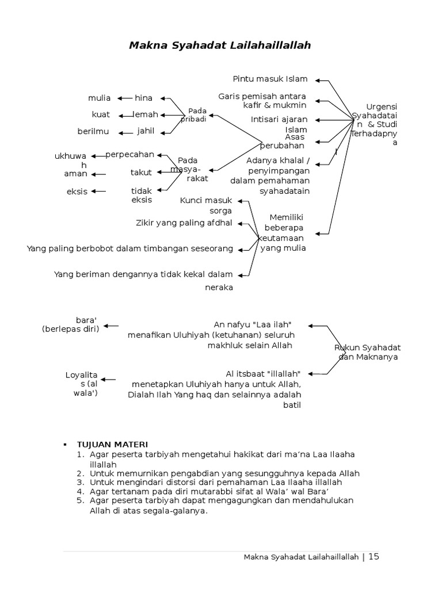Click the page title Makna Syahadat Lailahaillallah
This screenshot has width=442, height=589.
pyautogui.click(x=220, y=45)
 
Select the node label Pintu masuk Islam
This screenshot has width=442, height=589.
pyautogui.click(x=270, y=79)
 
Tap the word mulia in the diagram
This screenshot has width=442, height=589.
pyautogui.click(x=100, y=98)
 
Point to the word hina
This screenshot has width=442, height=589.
pyautogui.click(x=143, y=98)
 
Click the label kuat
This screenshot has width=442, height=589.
pyautogui.click(x=101, y=114)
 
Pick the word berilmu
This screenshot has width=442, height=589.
pyautogui.click(x=93, y=132)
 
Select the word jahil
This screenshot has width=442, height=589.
pyautogui.click(x=146, y=131)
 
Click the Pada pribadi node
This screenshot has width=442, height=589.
pyautogui.click(x=193, y=114)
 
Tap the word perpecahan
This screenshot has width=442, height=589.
pyautogui.click(x=130, y=155)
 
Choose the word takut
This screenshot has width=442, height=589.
pyautogui.click(x=141, y=172)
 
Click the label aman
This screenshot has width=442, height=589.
pyautogui.click(x=75, y=174)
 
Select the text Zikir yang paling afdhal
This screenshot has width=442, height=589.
pyautogui.click(x=184, y=223)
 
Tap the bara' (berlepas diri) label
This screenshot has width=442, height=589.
pyautogui.click(x=71, y=324)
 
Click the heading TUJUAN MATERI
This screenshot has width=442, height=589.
pyautogui.click(x=113, y=445)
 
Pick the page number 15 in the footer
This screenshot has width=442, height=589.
pyautogui.click(x=374, y=556)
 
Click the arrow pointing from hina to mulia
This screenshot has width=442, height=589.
pyautogui.click(x=123, y=98)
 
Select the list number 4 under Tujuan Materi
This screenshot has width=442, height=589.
pyautogui.click(x=81, y=492)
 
